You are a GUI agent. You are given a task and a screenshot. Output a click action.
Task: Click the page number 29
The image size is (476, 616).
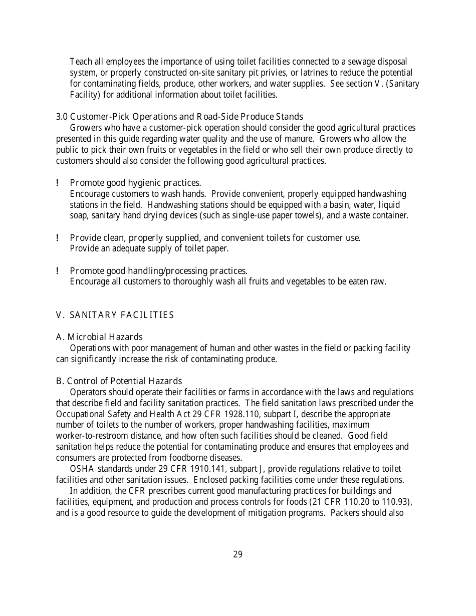[237, 554]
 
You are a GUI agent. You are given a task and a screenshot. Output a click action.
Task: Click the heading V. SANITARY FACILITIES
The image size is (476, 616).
[115, 315]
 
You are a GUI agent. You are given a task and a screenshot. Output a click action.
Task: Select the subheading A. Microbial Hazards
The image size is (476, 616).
[99, 337]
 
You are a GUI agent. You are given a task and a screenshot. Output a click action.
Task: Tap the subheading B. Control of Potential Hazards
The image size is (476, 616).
[119, 381]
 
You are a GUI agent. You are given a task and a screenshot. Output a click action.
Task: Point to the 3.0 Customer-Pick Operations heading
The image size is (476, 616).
[179, 117]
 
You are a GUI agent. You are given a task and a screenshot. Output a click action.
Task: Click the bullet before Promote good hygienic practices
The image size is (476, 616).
[58, 183]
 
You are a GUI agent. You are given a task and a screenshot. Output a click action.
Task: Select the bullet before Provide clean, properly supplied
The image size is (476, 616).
[58, 238]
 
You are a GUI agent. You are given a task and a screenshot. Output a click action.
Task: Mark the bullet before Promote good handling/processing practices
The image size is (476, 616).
[58, 271]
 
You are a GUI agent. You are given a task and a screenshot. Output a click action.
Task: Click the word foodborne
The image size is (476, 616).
[178, 458]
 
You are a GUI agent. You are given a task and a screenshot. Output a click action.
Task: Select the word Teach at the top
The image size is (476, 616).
[80, 62]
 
